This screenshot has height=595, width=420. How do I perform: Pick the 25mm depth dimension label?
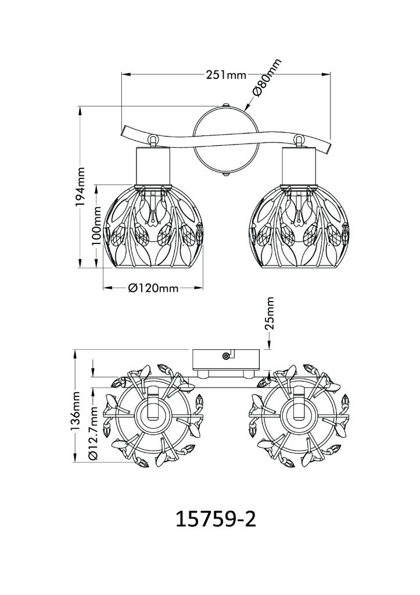pyautogui.click(x=270, y=314)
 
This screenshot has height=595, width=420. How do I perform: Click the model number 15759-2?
pyautogui.click(x=216, y=519)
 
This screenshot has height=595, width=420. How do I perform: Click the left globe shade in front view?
pyautogui.click(x=153, y=230)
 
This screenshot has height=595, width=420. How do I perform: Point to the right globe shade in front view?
pyautogui.click(x=298, y=230)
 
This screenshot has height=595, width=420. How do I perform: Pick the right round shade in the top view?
pyautogui.click(x=297, y=415)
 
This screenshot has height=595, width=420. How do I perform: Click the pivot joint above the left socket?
pyautogui.click(x=153, y=140)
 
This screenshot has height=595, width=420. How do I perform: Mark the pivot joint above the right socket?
pyautogui.click(x=299, y=140)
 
